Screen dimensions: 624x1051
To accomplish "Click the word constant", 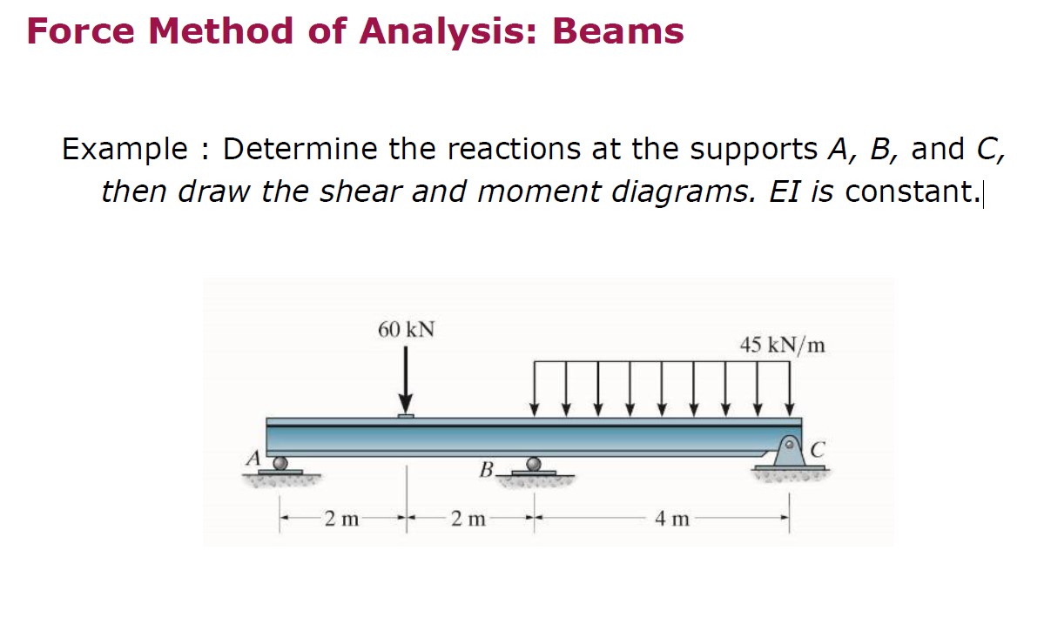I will pyautogui.click(x=912, y=191).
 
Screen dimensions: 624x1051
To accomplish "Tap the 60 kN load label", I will pyautogui.click(x=407, y=330).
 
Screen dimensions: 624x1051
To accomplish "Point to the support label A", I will pyautogui.click(x=253, y=457).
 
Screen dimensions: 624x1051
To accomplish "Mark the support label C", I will pyautogui.click(x=817, y=450).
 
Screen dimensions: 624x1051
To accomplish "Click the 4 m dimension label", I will pyautogui.click(x=672, y=520).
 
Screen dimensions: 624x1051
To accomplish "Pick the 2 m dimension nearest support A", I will pyautogui.click(x=341, y=520).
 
